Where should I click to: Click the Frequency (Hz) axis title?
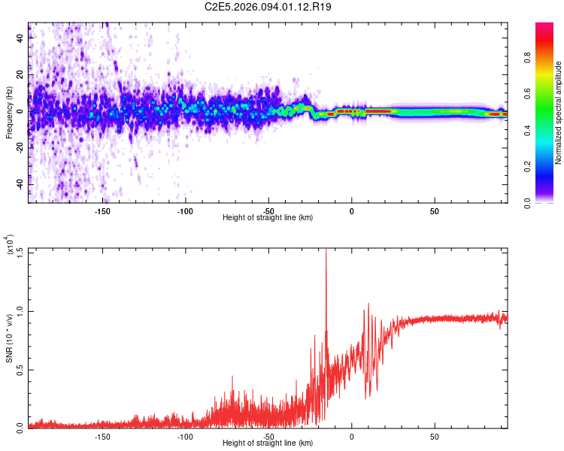tap(9, 112)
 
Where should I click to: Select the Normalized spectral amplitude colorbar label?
tap(559, 113)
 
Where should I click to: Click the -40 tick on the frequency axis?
tap(21, 184)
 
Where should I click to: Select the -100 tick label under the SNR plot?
tap(185, 436)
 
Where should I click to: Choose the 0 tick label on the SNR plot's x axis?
tap(351, 436)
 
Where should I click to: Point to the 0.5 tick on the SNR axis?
tap(20, 368)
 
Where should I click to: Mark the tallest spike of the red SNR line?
tap(326, 251)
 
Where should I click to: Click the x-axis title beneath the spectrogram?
tap(268, 218)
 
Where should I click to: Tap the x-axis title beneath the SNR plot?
tap(268, 444)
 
